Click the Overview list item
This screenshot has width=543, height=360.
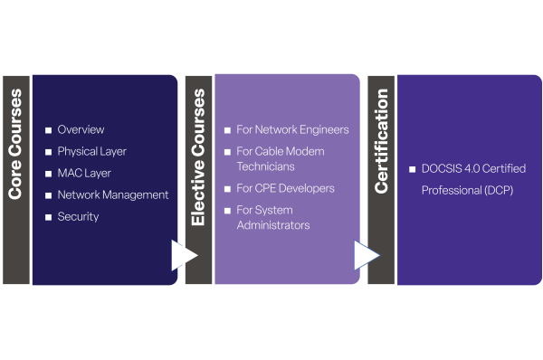(x=81, y=129)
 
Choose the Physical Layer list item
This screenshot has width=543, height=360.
(x=91, y=151)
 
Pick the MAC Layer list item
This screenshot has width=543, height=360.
(x=85, y=173)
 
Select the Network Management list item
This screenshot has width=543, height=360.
(x=112, y=194)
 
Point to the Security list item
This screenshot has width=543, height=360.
(x=78, y=216)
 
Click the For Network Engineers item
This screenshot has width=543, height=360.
(x=292, y=129)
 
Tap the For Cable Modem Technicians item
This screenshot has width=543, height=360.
(x=280, y=158)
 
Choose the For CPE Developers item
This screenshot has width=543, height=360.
(x=285, y=188)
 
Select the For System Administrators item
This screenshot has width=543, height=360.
(x=272, y=217)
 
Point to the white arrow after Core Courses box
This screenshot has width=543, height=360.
(x=184, y=255)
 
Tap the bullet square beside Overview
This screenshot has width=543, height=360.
(x=49, y=130)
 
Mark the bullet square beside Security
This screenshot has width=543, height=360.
(x=49, y=217)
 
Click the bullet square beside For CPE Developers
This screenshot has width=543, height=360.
(x=227, y=189)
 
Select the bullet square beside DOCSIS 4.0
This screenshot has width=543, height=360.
(x=412, y=169)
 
